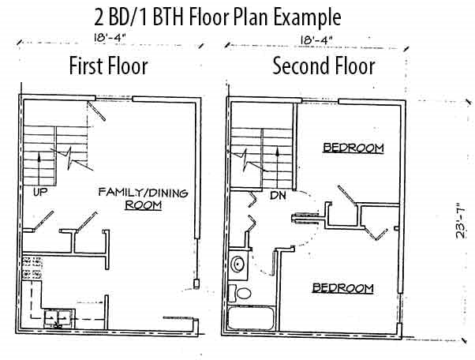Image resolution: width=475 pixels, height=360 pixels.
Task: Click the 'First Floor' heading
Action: click(x=109, y=66)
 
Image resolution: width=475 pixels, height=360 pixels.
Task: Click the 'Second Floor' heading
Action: click(x=323, y=66)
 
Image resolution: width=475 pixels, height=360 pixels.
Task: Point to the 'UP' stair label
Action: click(x=39, y=192)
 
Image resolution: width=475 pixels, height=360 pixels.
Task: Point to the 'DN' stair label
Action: click(x=277, y=194)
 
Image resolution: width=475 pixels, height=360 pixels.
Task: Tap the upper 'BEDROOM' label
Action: click(x=353, y=148)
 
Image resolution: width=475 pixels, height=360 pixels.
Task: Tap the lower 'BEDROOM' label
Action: click(x=342, y=287)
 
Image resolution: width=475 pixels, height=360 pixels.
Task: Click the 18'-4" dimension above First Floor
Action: click(x=103, y=36)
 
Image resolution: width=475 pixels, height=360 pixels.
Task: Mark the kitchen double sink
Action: click(x=57, y=318)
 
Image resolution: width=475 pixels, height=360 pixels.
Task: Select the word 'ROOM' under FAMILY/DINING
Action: click(x=143, y=205)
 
